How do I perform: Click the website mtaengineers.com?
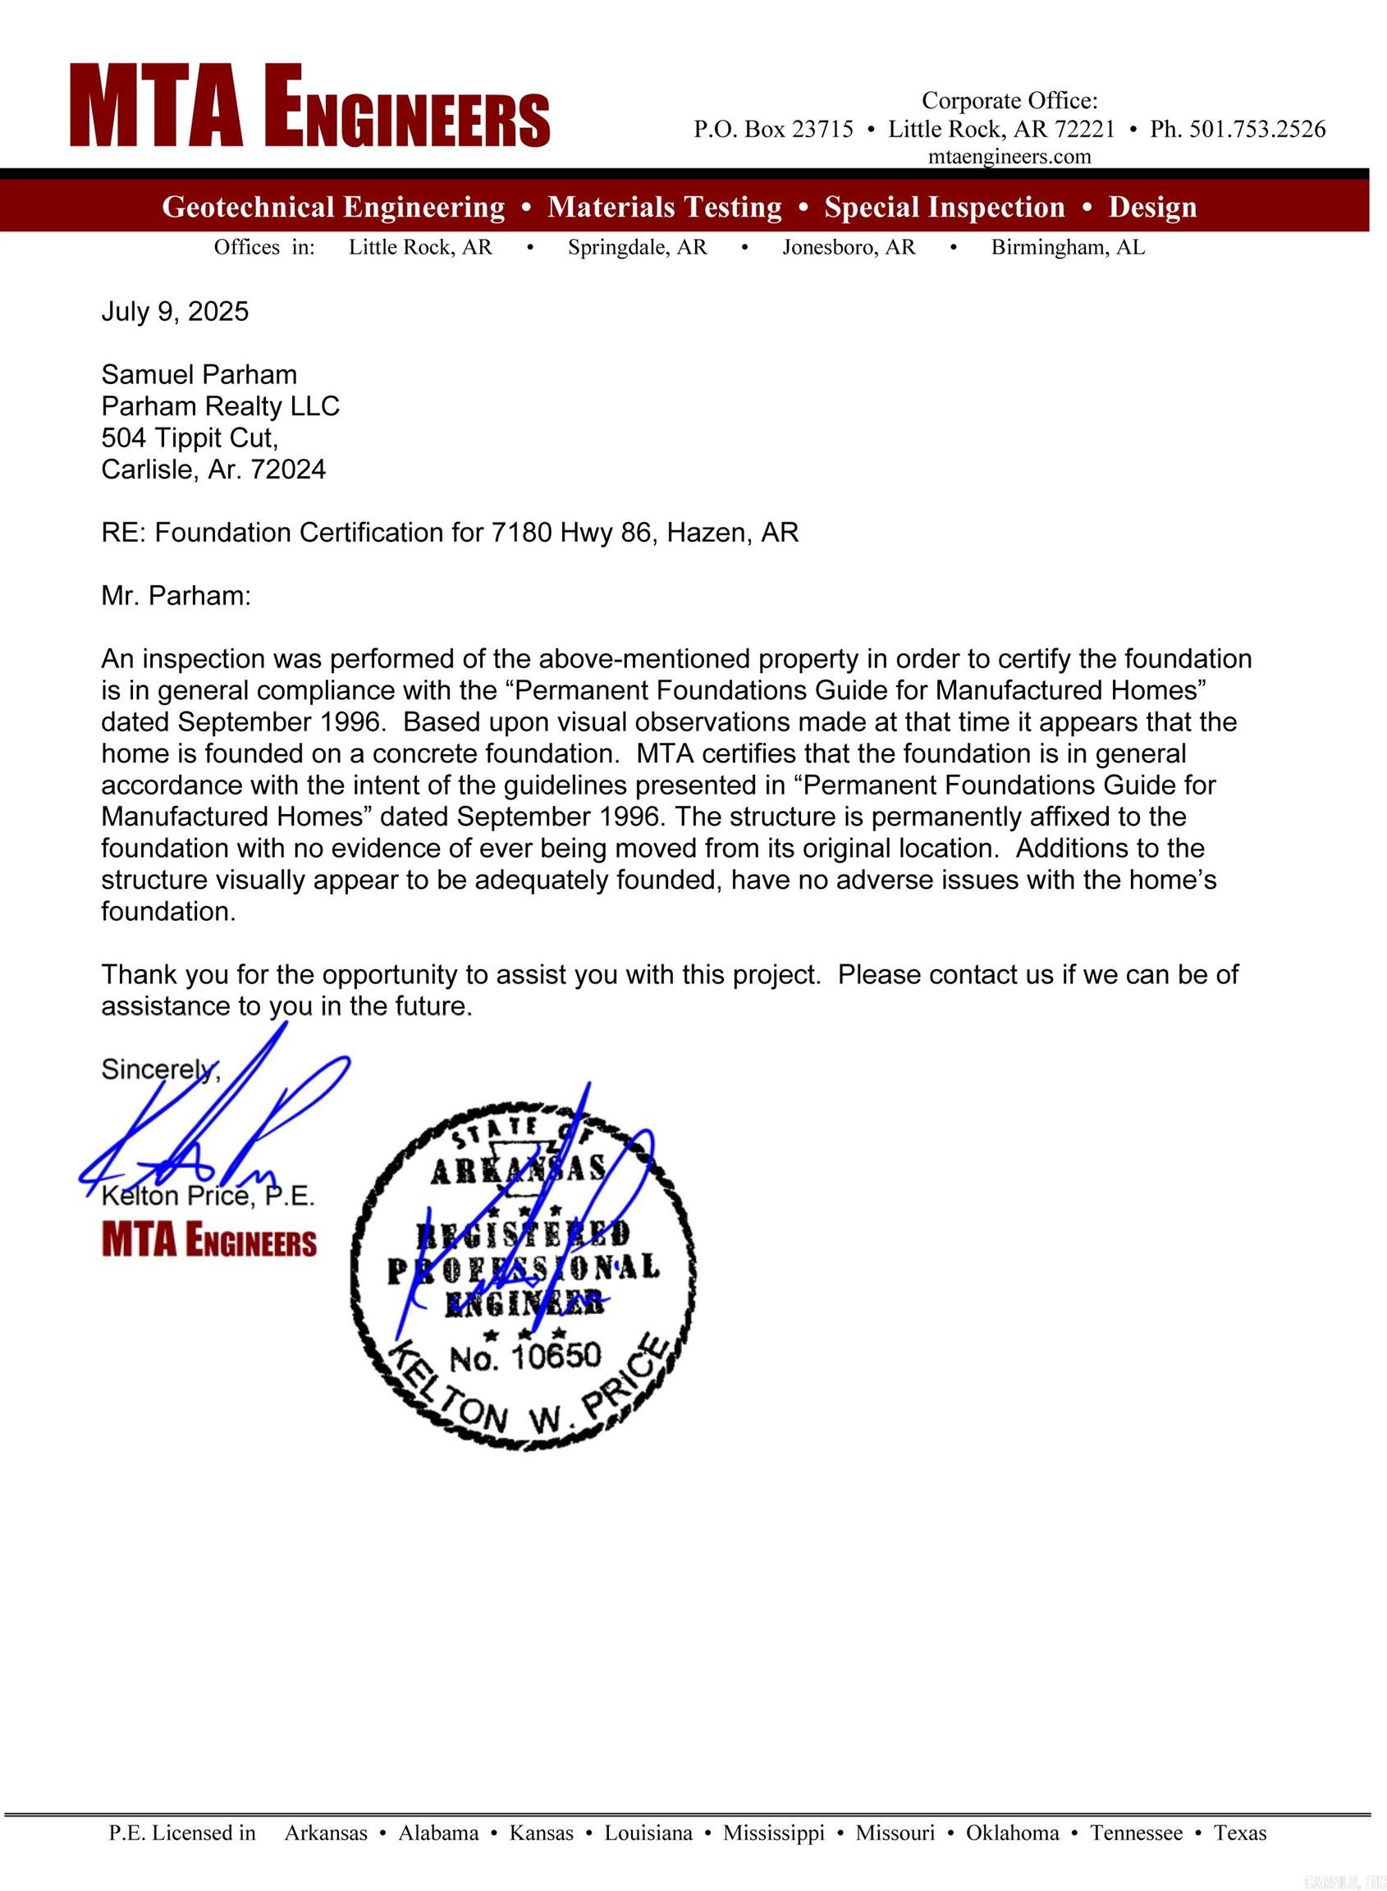click(1009, 156)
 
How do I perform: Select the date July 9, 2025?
click(175, 312)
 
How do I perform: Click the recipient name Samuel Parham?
click(199, 374)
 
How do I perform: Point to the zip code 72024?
click(288, 469)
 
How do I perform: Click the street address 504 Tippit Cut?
click(189, 437)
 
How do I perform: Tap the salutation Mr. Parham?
click(176, 596)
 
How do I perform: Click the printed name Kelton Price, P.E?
click(208, 1196)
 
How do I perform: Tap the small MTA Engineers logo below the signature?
click(209, 1240)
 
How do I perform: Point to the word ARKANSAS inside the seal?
click(518, 1170)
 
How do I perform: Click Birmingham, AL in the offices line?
click(1067, 248)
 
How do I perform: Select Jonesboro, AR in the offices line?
click(848, 248)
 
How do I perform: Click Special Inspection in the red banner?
click(944, 208)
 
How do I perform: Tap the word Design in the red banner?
click(1152, 208)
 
